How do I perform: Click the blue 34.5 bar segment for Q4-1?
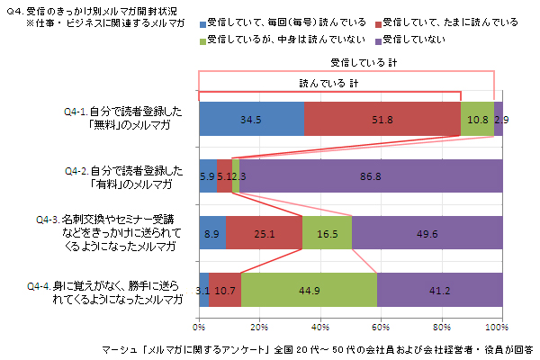click(251, 119)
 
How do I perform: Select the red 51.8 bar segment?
click(382, 119)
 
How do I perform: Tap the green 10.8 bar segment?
click(477, 119)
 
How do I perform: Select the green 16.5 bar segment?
click(327, 233)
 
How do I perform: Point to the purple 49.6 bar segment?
click(427, 233)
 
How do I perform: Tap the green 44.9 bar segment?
click(309, 290)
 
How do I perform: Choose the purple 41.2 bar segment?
click(439, 290)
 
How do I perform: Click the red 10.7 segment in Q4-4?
click(225, 290)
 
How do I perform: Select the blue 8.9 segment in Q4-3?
click(212, 233)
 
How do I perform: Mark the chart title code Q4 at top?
click(13, 9)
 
